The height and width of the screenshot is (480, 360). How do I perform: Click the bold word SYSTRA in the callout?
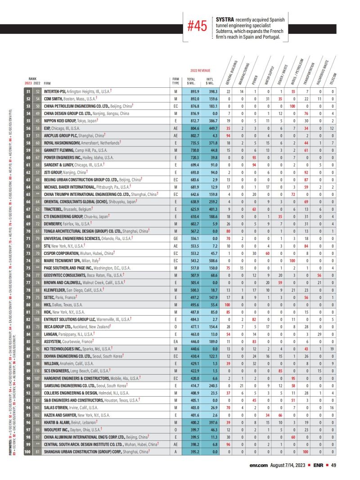225,20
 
